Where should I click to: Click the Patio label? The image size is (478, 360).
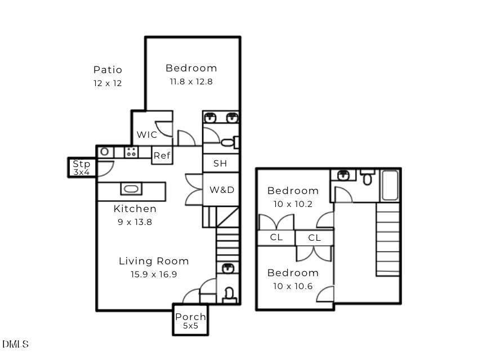tap(108, 70)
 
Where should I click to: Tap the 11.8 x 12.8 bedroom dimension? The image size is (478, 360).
tap(191, 82)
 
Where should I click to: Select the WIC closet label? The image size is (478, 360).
tap(147, 135)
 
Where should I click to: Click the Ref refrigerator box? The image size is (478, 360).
tap(162, 155)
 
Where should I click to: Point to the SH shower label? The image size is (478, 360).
tap(220, 164)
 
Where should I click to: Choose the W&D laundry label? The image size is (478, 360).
tap(222, 190)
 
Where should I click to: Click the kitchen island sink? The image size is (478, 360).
tap(131, 190)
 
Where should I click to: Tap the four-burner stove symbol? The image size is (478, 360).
tap(131, 152)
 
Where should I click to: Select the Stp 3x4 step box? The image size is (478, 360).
tap(82, 168)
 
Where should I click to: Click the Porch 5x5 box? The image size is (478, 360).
tap(190, 321)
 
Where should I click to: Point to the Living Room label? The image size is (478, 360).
tap(154, 261)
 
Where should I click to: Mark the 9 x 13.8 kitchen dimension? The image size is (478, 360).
tap(135, 222)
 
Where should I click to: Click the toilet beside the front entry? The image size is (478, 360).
tap(229, 294)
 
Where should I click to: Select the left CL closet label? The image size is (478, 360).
tap(276, 237)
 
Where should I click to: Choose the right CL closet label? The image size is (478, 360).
tap(314, 238)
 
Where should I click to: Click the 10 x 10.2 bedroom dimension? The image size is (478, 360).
tap(292, 204)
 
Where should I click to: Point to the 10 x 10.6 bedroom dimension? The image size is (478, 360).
tap(293, 286)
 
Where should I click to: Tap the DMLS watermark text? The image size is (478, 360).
tap(15, 344)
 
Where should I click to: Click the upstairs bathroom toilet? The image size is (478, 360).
tap(368, 178)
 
